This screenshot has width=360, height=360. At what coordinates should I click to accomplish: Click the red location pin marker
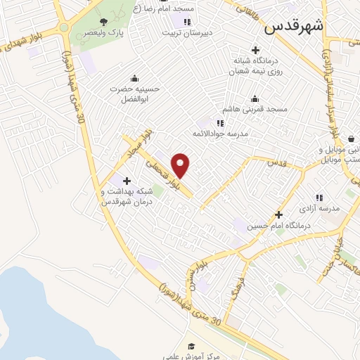[181, 166]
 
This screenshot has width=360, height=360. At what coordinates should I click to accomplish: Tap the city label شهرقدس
[294, 27]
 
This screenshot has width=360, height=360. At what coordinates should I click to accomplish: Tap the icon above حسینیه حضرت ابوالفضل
[135, 78]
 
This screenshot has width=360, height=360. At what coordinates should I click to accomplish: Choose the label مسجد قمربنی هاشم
[255, 110]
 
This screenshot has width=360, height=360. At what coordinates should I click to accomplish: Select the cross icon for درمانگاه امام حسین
[279, 214]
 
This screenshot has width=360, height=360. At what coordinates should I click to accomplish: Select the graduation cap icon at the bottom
[191, 345]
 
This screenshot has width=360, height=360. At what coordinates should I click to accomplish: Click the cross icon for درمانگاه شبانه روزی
[255, 50]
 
